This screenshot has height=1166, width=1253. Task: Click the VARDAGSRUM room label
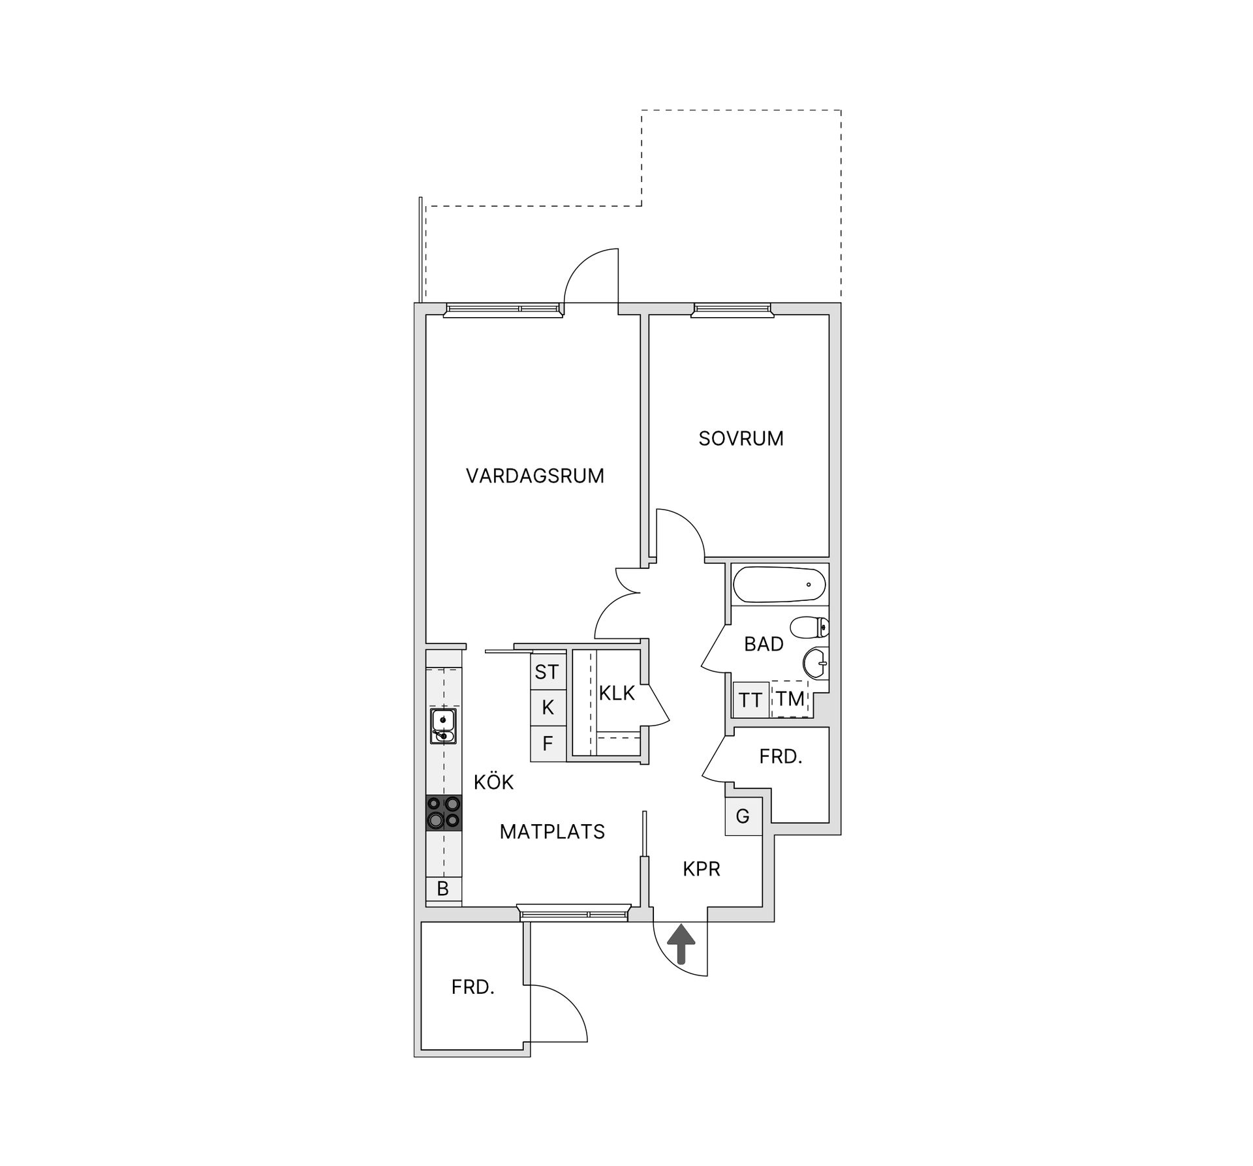[535, 476]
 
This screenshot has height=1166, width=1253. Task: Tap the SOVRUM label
[741, 438]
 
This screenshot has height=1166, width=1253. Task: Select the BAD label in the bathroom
[764, 644]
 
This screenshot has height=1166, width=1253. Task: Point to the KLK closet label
[617, 693]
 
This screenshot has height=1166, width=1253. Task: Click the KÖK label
[494, 782]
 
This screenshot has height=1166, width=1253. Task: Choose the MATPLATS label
[552, 831]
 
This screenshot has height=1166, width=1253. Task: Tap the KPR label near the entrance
[702, 868]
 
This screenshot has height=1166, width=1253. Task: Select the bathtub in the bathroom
[779, 585]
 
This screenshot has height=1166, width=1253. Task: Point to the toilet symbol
[810, 628]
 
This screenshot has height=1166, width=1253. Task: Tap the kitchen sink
[444, 726]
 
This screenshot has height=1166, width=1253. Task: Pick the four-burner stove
[444, 813]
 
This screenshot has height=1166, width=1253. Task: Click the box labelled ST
[548, 671]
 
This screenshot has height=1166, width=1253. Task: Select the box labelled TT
[750, 700]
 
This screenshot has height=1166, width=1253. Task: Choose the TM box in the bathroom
[790, 699]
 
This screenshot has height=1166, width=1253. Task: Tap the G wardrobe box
[743, 816]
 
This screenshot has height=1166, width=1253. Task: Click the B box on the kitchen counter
[444, 889]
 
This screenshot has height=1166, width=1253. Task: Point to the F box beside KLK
[548, 743]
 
